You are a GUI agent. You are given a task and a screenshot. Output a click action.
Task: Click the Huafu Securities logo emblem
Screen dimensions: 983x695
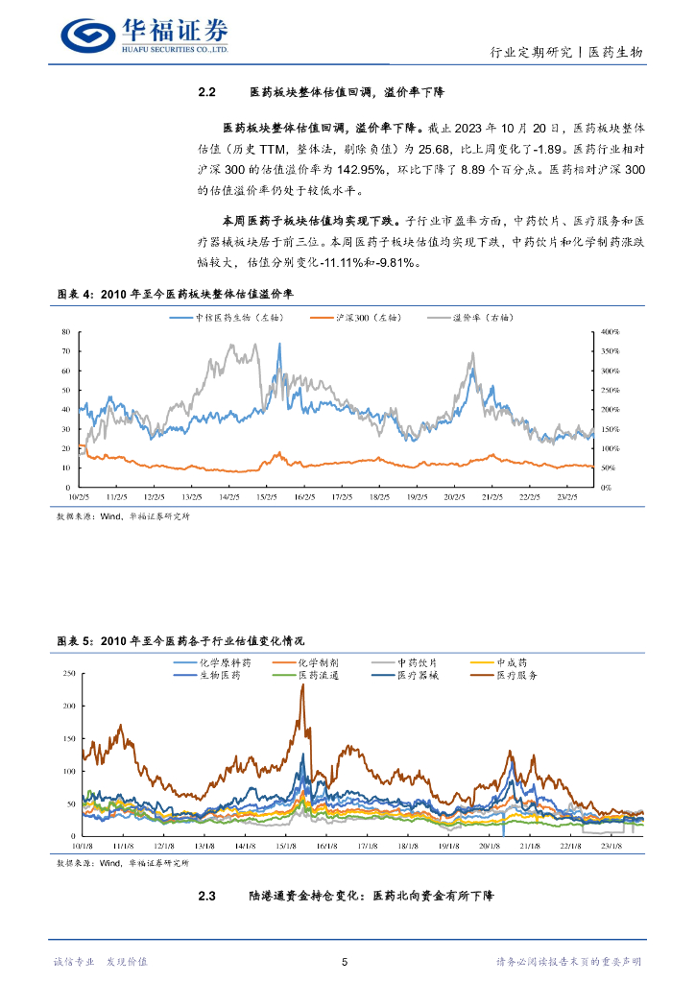click(87, 36)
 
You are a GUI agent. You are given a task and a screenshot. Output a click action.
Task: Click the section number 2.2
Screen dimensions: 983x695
click(208, 93)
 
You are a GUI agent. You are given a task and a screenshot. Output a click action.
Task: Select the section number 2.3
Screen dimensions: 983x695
click(208, 896)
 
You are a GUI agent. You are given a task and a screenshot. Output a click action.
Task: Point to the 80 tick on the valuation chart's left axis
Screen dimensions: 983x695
click(66, 331)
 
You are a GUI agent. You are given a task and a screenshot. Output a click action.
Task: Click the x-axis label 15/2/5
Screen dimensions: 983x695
click(267, 497)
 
